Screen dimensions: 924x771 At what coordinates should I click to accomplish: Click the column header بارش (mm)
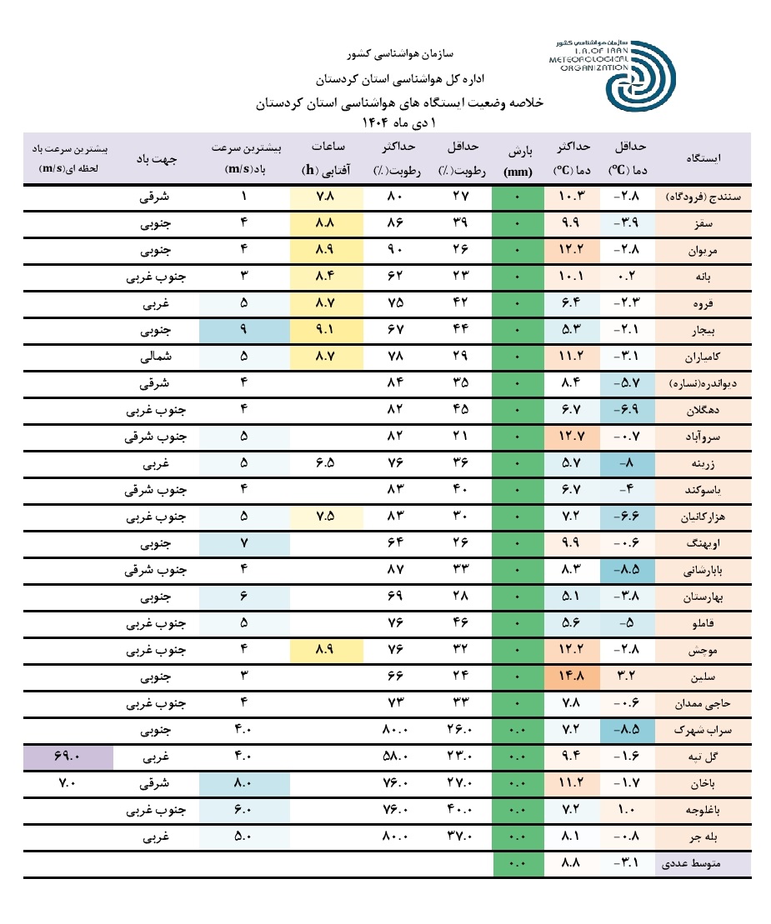pos(518,158)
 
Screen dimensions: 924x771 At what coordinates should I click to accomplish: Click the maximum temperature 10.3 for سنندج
pos(571,197)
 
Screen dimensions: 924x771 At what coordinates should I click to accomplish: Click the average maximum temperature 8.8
pos(571,864)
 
